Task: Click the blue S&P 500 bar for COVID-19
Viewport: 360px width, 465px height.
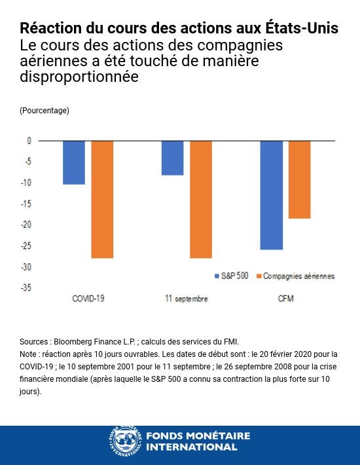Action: click(74, 162)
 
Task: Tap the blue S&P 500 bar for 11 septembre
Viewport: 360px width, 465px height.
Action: click(172, 158)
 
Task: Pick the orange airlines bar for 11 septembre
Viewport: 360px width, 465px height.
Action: click(201, 199)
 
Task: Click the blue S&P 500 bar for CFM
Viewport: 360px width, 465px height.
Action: click(271, 195)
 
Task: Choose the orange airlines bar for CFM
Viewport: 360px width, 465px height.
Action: click(299, 179)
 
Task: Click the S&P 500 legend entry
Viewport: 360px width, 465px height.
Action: click(232, 276)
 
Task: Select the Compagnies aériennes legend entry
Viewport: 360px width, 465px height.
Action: click(298, 276)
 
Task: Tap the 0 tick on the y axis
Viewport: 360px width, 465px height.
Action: click(29, 141)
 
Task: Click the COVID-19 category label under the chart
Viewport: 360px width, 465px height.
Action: click(88, 299)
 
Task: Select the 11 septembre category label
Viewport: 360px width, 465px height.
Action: click(187, 299)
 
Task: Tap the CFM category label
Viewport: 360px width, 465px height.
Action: click(285, 299)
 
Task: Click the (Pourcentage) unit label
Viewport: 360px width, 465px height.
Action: click(45, 111)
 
